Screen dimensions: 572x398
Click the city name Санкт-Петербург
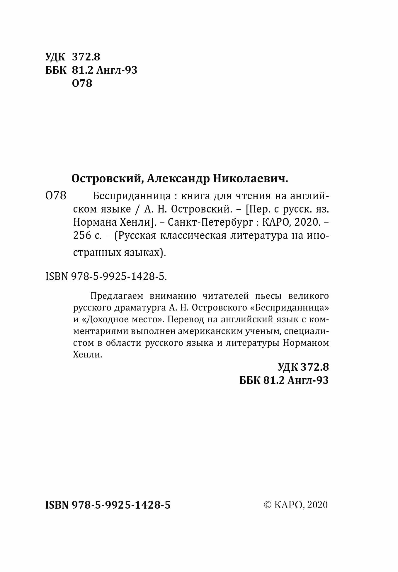(209, 222)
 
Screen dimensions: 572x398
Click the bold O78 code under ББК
(82, 83)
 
